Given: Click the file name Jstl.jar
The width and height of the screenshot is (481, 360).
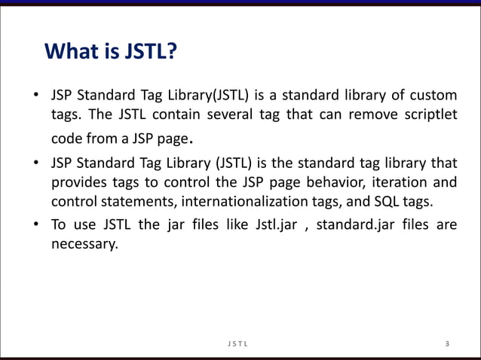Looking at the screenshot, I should [x=270, y=225].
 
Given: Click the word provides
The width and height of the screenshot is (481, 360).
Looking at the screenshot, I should [x=75, y=182].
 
